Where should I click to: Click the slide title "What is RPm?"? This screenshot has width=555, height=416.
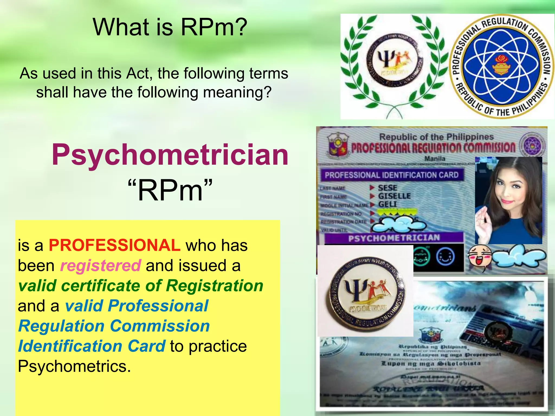tap(170, 27)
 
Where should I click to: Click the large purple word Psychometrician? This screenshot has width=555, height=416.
tap(170, 155)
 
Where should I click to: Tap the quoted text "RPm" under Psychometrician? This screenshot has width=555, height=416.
tap(170, 190)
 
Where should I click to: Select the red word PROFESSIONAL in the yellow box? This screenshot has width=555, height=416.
tap(114, 245)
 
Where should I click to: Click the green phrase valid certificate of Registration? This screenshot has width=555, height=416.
tap(141, 286)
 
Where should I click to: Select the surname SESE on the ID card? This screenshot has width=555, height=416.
tap(388, 188)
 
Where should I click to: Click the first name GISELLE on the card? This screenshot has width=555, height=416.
tap(394, 196)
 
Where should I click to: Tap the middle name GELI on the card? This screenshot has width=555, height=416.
tap(388, 204)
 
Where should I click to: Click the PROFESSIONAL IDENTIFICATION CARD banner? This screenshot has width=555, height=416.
tap(392, 175)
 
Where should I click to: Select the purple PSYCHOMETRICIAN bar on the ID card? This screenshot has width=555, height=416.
tap(394, 238)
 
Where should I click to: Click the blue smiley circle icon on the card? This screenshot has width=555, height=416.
tap(445, 256)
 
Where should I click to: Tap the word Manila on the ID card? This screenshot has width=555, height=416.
tap(435, 159)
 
